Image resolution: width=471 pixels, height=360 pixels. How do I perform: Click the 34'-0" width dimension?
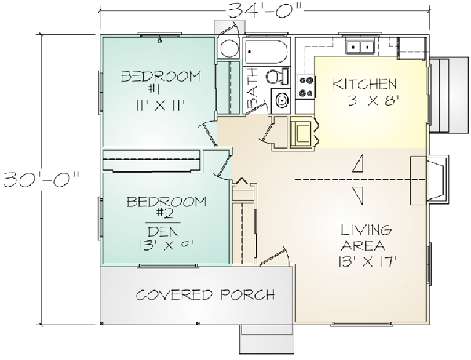coord(265,11)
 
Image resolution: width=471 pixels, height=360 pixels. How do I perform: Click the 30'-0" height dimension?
coord(42,179)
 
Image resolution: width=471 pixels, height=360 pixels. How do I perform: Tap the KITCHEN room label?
coord(365,84)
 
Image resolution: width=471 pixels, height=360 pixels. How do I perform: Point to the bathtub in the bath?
coord(266,51)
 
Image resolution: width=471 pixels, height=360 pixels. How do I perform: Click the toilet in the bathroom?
coord(277,76)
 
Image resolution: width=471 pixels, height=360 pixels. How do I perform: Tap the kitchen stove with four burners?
coord(305,87)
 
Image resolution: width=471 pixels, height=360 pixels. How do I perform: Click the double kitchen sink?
coord(360,46)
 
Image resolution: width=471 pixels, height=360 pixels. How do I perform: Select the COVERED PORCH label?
coord(205,295)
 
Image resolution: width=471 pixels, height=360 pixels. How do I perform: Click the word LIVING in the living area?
coord(366,231)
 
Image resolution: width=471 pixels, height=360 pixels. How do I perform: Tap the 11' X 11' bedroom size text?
coord(159,105)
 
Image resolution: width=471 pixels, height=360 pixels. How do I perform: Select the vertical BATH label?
coord(252,89)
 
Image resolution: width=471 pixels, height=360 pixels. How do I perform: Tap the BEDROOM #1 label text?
coord(160,82)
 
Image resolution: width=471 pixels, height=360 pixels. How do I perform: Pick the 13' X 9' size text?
coord(165,246)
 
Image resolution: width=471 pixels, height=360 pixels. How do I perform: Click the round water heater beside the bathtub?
coord(229,48)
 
